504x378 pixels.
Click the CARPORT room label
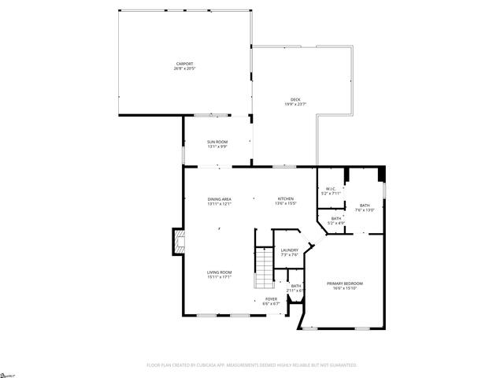tap(183, 64)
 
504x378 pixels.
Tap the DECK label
tap(295, 99)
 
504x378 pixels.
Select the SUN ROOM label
tap(217, 142)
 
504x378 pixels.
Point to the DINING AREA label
tap(219, 199)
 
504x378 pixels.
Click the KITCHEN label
tap(285, 198)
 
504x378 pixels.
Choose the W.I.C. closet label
tap(332, 189)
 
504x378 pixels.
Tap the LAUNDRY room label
tap(290, 250)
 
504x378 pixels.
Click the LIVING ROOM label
tap(219, 272)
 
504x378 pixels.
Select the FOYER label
tap(271, 299)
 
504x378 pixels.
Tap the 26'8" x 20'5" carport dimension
tap(183, 69)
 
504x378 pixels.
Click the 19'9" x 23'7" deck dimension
tap(295, 104)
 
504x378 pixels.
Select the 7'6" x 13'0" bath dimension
tap(365, 210)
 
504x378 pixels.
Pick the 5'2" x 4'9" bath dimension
tap(336, 223)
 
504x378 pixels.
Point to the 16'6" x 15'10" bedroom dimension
tap(345, 287)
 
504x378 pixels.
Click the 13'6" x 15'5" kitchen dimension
tap(285, 204)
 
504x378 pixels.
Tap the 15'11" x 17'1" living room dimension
tap(219, 277)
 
